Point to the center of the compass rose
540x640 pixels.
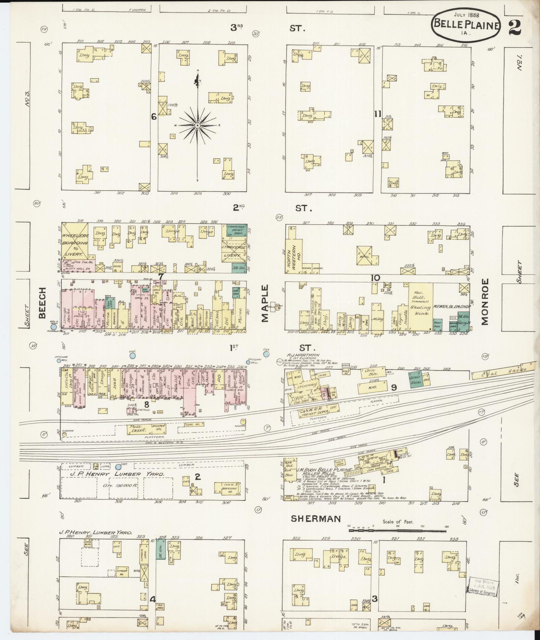198,125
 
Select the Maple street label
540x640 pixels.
265,304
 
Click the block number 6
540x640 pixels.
154,117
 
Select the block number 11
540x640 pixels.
378,114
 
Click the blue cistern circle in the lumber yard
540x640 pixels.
119,466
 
